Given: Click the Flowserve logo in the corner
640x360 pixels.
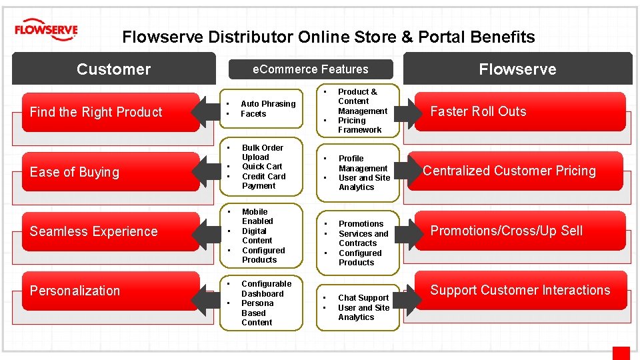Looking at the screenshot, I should click(x=46, y=30).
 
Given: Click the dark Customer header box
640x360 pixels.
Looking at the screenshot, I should click(x=114, y=69).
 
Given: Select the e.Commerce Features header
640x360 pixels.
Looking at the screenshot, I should click(x=311, y=69).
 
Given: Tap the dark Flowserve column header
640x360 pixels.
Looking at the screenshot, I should click(x=517, y=69).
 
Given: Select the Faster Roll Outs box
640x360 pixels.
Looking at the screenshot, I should click(x=520, y=111).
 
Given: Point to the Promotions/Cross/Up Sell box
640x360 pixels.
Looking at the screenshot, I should click(x=520, y=231).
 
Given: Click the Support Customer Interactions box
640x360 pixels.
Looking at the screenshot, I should click(x=520, y=290).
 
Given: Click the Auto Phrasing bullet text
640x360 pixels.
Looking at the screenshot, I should click(x=268, y=104).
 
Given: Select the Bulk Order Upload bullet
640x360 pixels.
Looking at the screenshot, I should click(x=263, y=153).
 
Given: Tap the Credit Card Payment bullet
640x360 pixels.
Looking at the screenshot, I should click(x=263, y=181).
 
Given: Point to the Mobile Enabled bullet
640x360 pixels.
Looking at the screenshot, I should click(x=257, y=217).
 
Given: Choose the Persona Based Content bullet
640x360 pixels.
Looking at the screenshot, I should click(x=257, y=313).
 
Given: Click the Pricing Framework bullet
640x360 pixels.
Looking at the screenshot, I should click(x=359, y=125).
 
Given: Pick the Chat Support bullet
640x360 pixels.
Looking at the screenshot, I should click(x=363, y=298).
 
